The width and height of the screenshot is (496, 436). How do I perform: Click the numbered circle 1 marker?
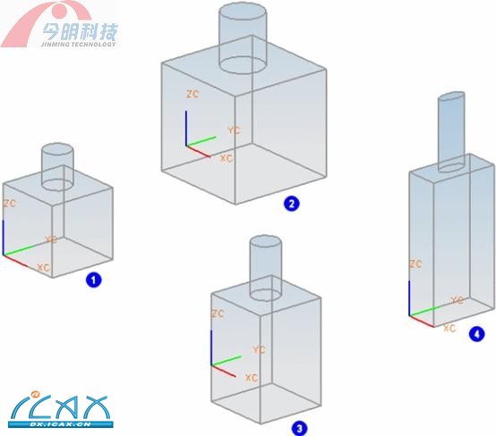coord(94,280)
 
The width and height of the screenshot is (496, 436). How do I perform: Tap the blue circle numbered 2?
coord(291,204)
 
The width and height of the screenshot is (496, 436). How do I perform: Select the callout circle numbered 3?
coord(299,429)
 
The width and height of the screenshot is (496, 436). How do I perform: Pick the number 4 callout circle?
coord(476,334)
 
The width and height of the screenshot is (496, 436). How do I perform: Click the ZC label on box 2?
coord(192,94)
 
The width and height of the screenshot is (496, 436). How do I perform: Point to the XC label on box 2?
coord(227,158)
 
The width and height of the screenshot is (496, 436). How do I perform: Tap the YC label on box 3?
coord(259,349)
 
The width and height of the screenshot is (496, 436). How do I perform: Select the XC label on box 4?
coord(449,329)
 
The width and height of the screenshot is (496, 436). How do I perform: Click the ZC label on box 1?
coord(10,204)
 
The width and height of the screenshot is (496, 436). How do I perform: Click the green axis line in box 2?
coord(201,141)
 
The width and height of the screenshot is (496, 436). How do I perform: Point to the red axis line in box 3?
coord(223,371)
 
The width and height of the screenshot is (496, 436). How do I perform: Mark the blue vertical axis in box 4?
coord(409,298)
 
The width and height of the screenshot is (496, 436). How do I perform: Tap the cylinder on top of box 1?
coord(57,167)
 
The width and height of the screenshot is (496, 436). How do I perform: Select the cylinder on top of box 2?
coord(243,38)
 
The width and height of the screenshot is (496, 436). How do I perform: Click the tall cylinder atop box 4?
coord(451,132)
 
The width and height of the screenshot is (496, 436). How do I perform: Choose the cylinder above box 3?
coord(265,267)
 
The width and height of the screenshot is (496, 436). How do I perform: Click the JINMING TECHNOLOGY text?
coord(79,44)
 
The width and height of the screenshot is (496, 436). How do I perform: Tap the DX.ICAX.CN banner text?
coord(60,424)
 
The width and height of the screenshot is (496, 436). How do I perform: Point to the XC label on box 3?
coord(252,378)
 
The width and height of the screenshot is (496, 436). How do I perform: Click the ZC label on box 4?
coord(415,264)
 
